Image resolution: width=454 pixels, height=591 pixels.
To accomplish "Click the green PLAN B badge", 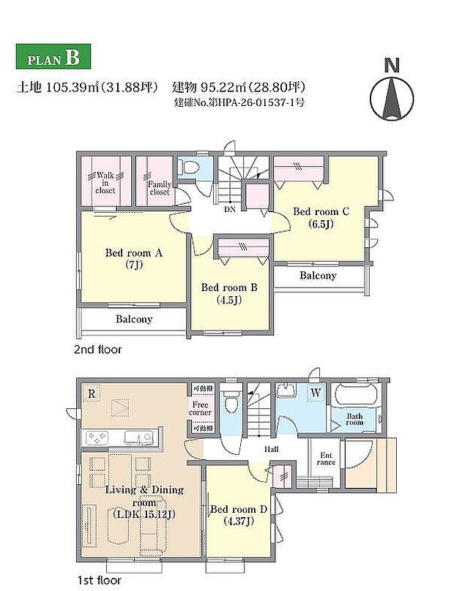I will [52, 57].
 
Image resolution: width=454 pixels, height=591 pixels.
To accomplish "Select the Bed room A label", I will [133, 258].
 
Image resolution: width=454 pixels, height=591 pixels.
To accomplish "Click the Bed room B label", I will [229, 293].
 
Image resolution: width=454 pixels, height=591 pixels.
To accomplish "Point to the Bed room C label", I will [321, 217].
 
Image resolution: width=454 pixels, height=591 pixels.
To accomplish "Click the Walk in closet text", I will [105, 183].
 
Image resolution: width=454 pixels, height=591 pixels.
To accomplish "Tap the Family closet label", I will [159, 189].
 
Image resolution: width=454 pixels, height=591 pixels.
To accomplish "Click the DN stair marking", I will [229, 208].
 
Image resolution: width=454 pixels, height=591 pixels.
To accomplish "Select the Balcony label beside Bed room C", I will [318, 276].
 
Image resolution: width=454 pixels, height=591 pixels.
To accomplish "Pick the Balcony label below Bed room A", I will [134, 319].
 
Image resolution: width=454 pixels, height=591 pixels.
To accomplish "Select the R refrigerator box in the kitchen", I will [91, 393].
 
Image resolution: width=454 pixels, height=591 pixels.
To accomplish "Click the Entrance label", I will [326, 459].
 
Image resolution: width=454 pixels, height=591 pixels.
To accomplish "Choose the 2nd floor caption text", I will [97, 350].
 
